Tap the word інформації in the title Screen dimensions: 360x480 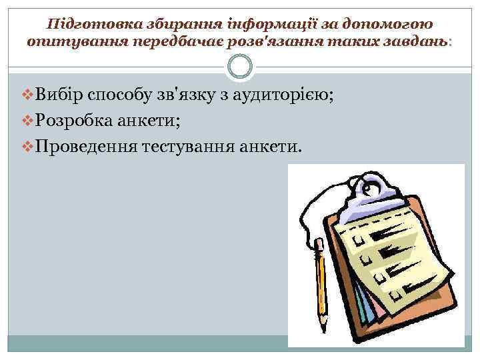(x=248, y=24)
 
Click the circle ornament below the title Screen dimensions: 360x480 (x=239, y=67)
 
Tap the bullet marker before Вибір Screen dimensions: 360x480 (x=27, y=96)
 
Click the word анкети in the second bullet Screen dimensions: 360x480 (x=147, y=121)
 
